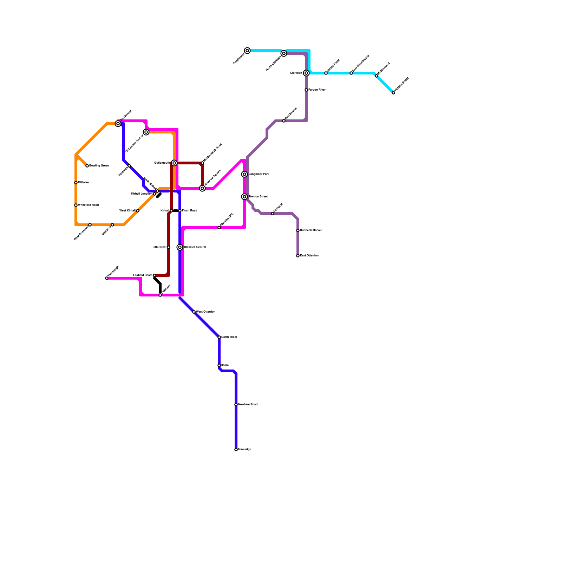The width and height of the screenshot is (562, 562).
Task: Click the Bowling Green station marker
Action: click(x=87, y=166)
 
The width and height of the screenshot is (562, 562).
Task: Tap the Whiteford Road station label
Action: click(x=88, y=205)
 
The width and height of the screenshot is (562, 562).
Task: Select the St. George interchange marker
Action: click(x=118, y=124)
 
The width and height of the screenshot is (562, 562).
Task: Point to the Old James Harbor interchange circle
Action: click(x=146, y=132)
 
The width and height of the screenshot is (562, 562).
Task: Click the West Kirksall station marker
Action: click(x=138, y=211)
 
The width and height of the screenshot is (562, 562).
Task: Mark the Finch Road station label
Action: click(x=189, y=211)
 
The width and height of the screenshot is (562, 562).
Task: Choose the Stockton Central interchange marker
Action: click(x=180, y=247)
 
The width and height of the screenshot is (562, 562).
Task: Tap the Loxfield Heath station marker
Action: click(x=155, y=275)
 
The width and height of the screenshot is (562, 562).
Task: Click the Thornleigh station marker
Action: click(x=107, y=278)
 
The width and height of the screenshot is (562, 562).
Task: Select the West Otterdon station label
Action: click(x=205, y=312)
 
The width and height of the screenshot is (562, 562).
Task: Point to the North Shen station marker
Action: click(x=219, y=337)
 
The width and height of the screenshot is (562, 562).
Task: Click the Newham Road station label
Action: click(x=248, y=405)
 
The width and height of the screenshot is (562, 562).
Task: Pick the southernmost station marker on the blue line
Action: click(x=236, y=450)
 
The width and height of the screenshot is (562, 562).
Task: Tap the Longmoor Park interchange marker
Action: click(x=244, y=174)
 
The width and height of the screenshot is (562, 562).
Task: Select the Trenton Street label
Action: click(x=258, y=197)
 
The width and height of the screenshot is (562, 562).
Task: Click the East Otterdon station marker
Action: click(x=298, y=256)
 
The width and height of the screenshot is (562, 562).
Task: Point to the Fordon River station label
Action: click(x=317, y=90)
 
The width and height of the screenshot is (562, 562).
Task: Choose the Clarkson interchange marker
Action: click(x=306, y=73)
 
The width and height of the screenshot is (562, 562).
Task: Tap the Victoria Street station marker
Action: click(x=393, y=93)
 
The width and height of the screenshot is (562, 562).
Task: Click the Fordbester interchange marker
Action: click(x=247, y=51)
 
